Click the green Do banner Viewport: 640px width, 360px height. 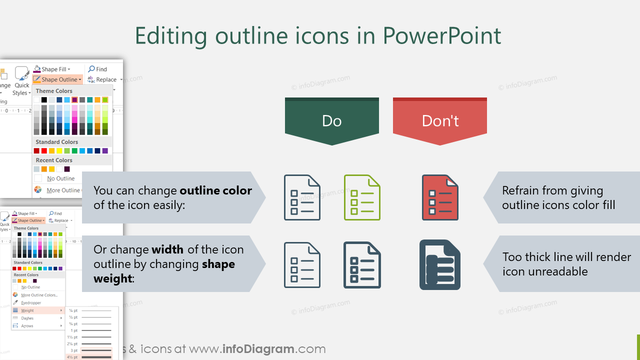(332, 121)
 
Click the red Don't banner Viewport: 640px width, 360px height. (440, 121)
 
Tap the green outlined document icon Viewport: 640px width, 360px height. (362, 197)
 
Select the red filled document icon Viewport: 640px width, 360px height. (440, 197)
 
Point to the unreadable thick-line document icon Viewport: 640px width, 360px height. (439, 265)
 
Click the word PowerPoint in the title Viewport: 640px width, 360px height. (442, 36)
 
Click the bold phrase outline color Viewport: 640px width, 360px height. (215, 190)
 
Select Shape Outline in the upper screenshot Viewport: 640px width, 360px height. (59, 79)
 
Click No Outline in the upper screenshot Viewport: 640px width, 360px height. (60, 178)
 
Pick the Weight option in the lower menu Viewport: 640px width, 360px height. (27, 310)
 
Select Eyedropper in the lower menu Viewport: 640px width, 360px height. (31, 302)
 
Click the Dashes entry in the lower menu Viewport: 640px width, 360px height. (27, 318)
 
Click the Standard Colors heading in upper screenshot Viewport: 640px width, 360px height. (57, 142)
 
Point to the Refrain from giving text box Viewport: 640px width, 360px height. (558, 197)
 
